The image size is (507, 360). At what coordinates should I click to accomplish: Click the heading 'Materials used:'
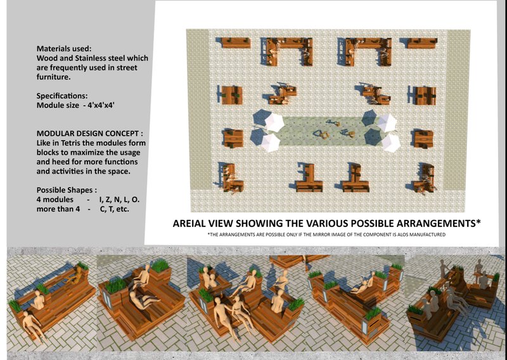click(64, 48)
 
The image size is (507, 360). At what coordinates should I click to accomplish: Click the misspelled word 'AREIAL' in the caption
click(191, 224)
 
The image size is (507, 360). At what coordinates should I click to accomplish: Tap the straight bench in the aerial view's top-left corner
click(234, 43)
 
